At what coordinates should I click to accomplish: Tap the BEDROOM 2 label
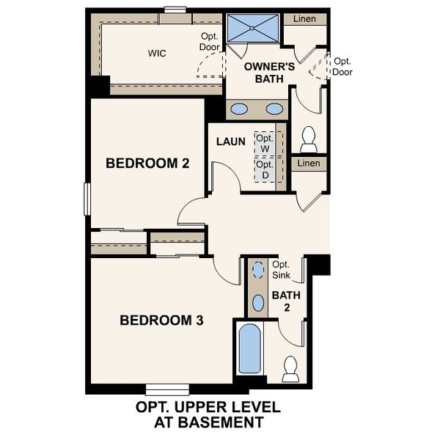click(148, 163)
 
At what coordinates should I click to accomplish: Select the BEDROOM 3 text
click(161, 320)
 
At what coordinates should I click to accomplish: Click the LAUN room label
click(230, 141)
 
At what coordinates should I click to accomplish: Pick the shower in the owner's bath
click(252, 30)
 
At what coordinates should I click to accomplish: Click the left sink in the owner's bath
click(239, 109)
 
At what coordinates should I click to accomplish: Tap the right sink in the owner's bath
click(274, 109)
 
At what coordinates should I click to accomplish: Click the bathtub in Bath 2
click(249, 351)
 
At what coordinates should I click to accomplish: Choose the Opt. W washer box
click(264, 144)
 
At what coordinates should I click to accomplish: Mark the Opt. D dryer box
click(264, 169)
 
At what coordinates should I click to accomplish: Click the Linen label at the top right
click(305, 18)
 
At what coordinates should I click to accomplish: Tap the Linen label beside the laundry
click(309, 163)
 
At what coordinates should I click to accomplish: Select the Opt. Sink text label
click(281, 270)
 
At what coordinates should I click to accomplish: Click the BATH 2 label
click(282, 301)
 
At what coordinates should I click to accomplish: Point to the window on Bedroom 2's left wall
click(87, 199)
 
